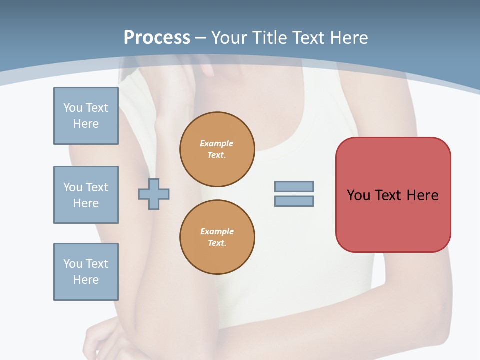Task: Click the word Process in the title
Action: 157,38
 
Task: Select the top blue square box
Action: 86,116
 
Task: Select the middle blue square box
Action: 86,195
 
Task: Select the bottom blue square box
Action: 86,272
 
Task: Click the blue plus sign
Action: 154,194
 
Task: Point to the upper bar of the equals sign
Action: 294,186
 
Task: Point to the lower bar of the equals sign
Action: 294,201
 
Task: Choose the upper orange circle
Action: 217,149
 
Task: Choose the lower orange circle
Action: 217,237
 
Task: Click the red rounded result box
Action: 393,220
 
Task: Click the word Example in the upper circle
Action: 216,143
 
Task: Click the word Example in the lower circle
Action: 217,231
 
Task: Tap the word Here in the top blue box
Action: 86,124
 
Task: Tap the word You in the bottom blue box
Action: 73,264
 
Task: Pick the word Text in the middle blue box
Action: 96,187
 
